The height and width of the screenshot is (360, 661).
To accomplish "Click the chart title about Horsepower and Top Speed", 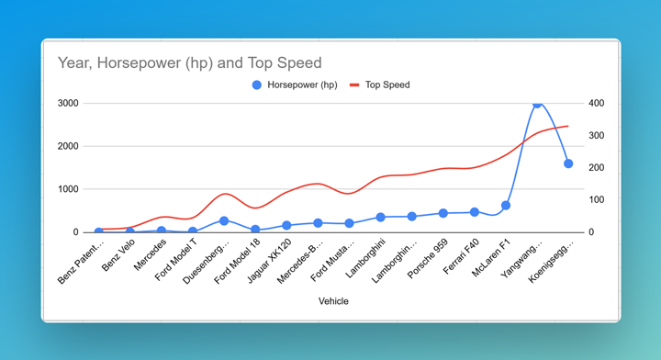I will tap(189, 63).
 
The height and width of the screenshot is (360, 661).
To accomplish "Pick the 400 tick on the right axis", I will tap(598, 104).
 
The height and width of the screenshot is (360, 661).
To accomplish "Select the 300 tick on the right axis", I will tap(598, 136).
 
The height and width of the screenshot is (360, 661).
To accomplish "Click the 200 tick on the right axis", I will tap(598, 168).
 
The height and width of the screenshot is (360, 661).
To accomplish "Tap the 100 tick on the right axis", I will tap(598, 200).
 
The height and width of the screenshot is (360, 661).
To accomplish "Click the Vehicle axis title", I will tap(333, 301).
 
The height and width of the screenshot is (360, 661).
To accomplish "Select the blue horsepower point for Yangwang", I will tap(537, 105).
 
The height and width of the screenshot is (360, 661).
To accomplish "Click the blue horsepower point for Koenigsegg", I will tap(568, 164).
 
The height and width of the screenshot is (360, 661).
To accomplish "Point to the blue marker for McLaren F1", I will tap(506, 206).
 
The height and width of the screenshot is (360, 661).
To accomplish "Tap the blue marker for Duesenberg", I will tap(224, 221).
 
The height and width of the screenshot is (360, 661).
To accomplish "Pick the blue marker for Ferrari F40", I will tap(475, 212).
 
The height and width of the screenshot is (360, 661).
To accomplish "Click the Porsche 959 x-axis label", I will tap(430, 254).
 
